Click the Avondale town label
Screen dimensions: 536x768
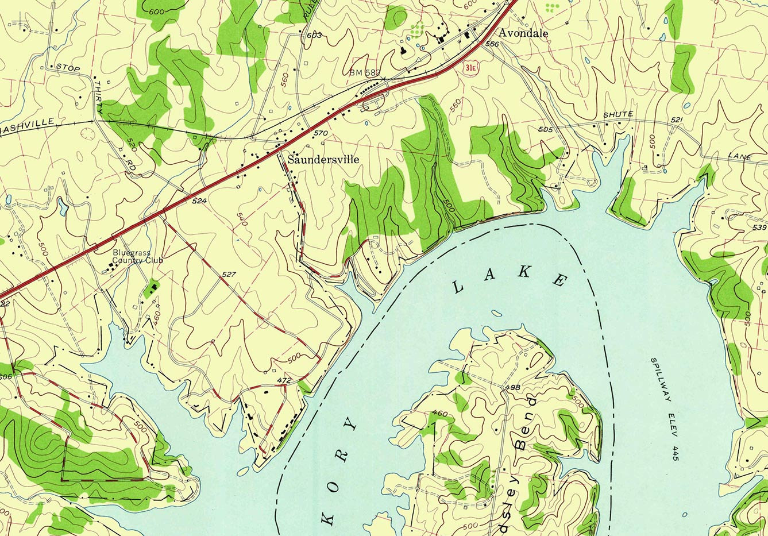point(523,33)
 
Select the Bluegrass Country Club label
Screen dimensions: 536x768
point(137,256)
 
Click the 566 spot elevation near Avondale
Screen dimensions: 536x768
point(491,44)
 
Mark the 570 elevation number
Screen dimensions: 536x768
point(321,133)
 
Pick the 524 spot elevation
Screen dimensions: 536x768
point(199,201)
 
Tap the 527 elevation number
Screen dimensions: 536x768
point(229,275)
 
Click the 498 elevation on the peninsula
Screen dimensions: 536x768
point(512,387)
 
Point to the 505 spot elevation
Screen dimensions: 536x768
point(545,130)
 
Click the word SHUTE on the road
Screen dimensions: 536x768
point(618,115)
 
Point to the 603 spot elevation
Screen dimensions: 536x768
point(314,36)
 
